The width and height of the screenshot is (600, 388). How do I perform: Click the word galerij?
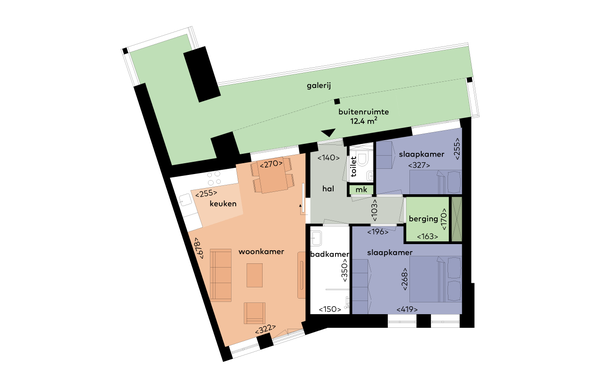319,86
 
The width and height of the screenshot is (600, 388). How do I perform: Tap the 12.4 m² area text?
364,121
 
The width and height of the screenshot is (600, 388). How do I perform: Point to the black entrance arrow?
328,133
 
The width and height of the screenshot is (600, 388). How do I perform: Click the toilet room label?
354,166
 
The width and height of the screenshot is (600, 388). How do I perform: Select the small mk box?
361,189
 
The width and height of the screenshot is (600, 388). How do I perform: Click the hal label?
328,189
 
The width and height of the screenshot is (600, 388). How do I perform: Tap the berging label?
423,219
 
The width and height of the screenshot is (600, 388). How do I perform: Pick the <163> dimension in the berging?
427,236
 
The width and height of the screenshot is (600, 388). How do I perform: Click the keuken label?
223,204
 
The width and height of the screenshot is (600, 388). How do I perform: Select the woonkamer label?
261,252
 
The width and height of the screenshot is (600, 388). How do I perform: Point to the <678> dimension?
199,248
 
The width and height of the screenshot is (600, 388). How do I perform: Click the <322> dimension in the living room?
266,329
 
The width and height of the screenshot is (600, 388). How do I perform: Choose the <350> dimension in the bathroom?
344,271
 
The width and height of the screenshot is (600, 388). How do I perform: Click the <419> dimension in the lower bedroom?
407,309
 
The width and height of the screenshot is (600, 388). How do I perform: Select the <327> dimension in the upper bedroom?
419,165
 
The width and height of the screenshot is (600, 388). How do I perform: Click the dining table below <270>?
272,179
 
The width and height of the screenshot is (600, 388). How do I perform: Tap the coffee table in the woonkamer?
254,275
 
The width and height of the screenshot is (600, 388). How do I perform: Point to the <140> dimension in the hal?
328,158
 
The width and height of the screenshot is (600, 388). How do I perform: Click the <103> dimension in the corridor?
375,210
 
